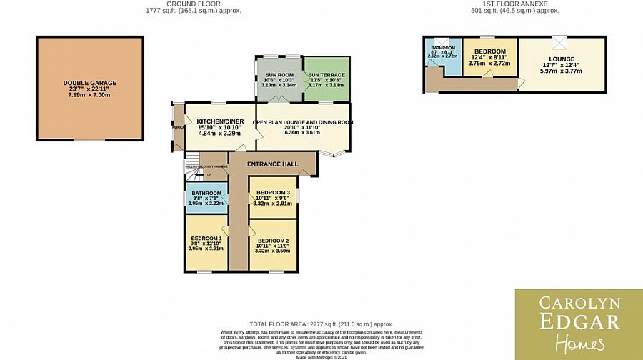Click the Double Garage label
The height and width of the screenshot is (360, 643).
(89, 83)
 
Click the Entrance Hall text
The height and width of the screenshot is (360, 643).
(272, 164)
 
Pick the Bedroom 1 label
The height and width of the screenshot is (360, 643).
(205, 239)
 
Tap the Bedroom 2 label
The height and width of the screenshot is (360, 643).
(272, 241)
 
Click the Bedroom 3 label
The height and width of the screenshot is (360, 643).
(272, 193)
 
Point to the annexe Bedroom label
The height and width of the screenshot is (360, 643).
(489, 51)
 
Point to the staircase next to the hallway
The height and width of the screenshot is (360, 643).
(191, 170)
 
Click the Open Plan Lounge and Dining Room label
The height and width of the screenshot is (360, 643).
(303, 122)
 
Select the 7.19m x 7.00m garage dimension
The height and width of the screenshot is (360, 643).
(89, 94)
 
